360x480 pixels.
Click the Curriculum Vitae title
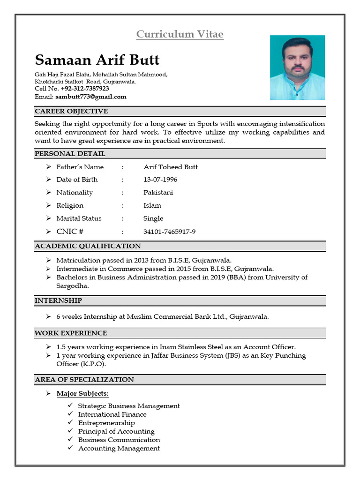[x=180, y=34]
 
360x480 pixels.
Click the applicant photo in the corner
[x=297, y=67]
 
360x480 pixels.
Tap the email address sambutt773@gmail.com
[x=91, y=97]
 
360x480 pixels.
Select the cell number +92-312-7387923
[x=84, y=88]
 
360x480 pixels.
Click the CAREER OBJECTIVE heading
[x=71, y=111]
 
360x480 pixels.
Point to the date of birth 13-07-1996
[x=160, y=180]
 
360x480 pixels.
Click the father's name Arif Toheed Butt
[x=170, y=167]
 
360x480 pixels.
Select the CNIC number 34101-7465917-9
[x=169, y=232]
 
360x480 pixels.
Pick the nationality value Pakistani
[x=158, y=193]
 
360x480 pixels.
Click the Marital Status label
[x=79, y=218]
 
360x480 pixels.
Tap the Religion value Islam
[x=152, y=205]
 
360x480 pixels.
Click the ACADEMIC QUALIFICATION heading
[x=88, y=246]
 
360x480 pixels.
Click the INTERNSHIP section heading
[x=58, y=300]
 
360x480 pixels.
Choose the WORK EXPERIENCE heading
[x=71, y=333]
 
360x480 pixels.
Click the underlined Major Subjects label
[x=82, y=393]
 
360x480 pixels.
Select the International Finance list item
[x=112, y=414]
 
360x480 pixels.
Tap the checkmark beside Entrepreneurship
[x=70, y=423]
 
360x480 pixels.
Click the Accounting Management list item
[x=119, y=448]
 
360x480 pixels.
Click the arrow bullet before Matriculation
[x=48, y=260]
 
